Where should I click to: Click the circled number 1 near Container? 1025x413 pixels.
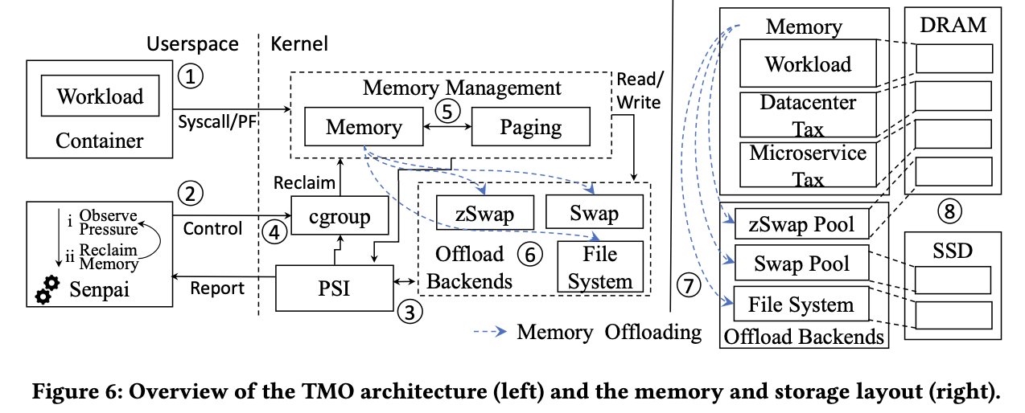[x=191, y=77]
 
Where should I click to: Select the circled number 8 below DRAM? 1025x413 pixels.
[x=949, y=211]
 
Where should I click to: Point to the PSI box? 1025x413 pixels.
[x=335, y=287]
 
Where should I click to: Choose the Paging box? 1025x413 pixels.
[x=530, y=127]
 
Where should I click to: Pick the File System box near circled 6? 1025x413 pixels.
[x=600, y=267]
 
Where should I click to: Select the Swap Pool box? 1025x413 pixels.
[x=802, y=264]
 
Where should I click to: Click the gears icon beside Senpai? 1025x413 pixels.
[x=47, y=291]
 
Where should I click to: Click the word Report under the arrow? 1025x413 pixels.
[x=216, y=288]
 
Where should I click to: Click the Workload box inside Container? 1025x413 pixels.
[x=100, y=96]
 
